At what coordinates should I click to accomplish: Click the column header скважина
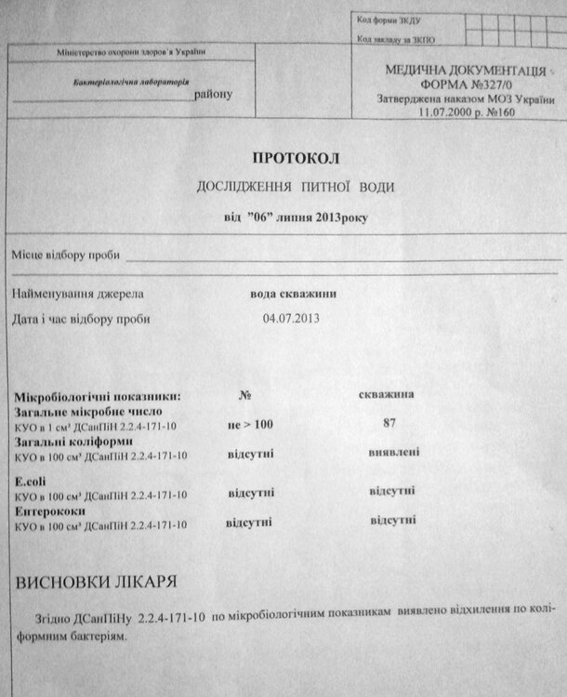point(387,395)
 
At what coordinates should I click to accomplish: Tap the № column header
point(246,395)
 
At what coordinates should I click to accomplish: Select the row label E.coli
point(31,481)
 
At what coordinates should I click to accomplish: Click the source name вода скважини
point(293,295)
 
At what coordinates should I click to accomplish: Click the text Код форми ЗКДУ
point(388,20)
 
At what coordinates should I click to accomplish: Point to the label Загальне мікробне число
point(90,410)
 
